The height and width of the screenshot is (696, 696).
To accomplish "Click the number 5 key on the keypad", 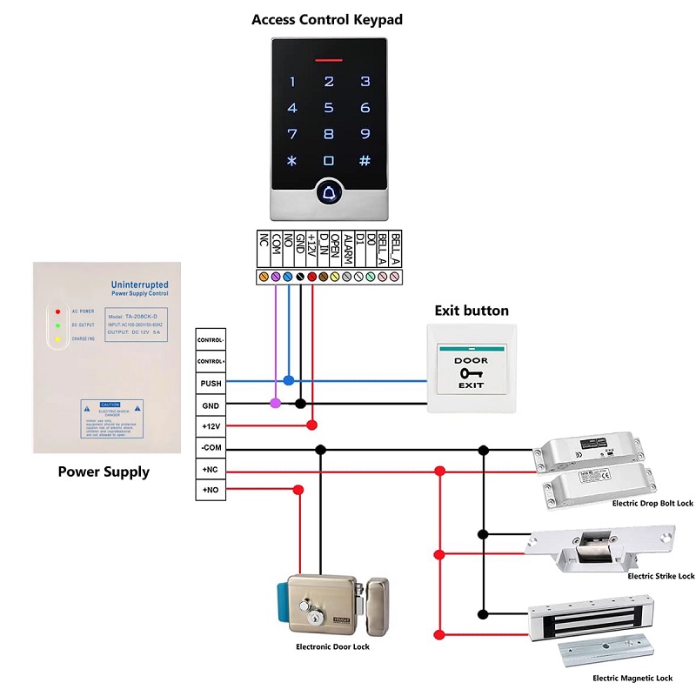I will (x=329, y=109).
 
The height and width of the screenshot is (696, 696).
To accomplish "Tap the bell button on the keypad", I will (x=329, y=190).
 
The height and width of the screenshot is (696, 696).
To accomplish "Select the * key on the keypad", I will (x=292, y=161).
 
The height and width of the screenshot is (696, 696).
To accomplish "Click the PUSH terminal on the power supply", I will (x=211, y=383).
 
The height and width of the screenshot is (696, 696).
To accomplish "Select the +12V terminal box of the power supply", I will (x=211, y=426).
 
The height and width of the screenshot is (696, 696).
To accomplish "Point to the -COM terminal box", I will (x=211, y=449).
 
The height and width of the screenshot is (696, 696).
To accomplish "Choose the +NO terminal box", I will (x=211, y=492).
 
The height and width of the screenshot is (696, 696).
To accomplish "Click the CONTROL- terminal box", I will (x=211, y=339).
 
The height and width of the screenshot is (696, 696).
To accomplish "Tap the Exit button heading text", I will (x=472, y=311).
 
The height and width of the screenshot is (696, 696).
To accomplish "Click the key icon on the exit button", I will (x=471, y=372).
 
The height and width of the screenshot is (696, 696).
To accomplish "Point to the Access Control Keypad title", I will (x=327, y=19).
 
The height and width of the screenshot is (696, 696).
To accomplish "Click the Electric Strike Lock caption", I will (x=661, y=576).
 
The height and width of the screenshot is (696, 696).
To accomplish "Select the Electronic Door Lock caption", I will (x=332, y=647).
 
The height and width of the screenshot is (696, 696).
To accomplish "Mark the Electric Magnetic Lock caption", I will (x=632, y=678).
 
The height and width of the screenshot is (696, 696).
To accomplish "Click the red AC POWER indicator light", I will (x=57, y=311).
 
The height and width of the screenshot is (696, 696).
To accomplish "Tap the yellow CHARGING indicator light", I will (x=57, y=339).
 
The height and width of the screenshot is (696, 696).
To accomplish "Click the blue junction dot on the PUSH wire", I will (x=289, y=381).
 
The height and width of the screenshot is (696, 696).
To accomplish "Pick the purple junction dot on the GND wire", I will (x=276, y=403).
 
